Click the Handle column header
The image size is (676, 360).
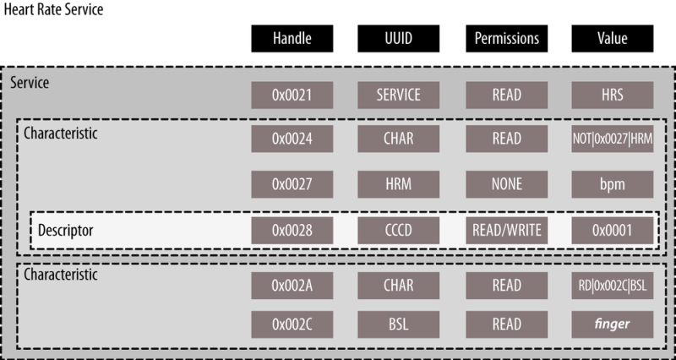(292, 38)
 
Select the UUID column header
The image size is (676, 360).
(398, 38)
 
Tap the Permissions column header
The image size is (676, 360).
(506, 38)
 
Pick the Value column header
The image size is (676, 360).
(612, 38)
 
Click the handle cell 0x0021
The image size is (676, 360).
(292, 95)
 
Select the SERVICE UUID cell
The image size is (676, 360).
(398, 95)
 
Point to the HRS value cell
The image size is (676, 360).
(612, 95)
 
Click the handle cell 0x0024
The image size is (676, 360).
(292, 139)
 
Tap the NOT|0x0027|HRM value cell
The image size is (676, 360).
(612, 139)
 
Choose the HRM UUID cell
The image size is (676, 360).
(398, 184)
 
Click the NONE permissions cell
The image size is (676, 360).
(506, 184)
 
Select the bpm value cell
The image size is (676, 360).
(612, 184)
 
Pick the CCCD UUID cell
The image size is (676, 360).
(398, 231)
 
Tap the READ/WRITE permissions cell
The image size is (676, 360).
(506, 231)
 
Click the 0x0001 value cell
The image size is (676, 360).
(612, 231)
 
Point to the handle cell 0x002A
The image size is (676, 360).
(292, 286)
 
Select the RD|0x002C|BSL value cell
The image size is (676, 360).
(612, 286)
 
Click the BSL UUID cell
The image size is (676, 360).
(398, 325)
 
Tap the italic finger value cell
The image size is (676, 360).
(612, 325)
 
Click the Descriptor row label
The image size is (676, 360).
(66, 231)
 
